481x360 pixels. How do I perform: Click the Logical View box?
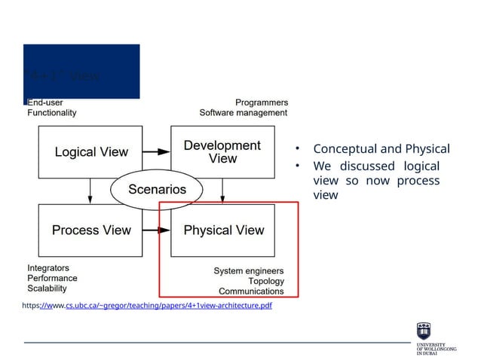(90, 151)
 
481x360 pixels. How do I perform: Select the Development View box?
(222, 151)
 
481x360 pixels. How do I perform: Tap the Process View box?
(90, 230)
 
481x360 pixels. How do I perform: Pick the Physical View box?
(223, 230)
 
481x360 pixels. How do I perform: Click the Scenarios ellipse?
(157, 190)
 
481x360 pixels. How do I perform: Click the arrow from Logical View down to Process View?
(90, 191)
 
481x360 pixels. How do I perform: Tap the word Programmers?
(261, 102)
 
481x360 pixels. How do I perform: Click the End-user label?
(46, 102)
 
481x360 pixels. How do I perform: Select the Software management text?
(243, 113)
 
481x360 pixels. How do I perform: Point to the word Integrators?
(48, 267)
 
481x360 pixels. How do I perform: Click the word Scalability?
(47, 288)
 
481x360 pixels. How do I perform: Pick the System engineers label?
(248, 270)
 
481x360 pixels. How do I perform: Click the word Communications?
(251, 291)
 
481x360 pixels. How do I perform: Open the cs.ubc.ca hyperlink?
(167, 306)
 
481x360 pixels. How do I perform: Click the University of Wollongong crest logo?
(424, 330)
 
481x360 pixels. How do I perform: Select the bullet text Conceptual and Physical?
(381, 148)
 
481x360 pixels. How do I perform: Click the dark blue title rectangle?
(81, 72)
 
